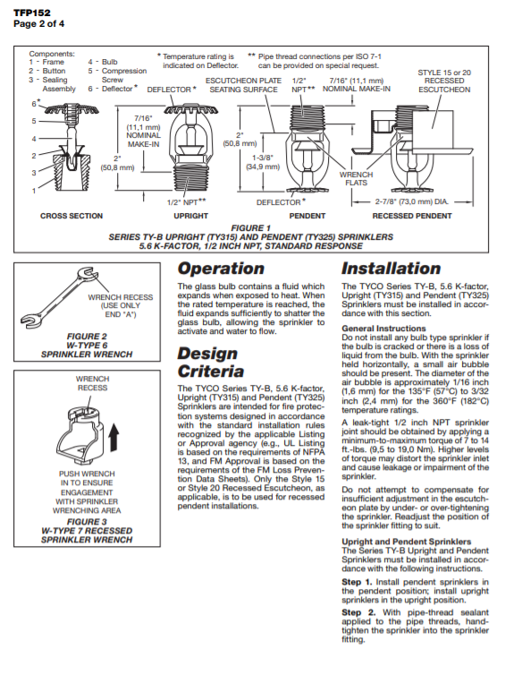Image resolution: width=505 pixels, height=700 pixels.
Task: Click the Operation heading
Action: [x=221, y=269]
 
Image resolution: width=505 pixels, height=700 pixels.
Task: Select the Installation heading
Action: [x=391, y=269]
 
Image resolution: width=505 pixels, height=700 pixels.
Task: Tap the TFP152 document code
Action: [x=31, y=13]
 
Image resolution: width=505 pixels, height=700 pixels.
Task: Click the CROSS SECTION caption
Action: [x=72, y=216]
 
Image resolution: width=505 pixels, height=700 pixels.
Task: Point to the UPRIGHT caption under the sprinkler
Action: [x=190, y=216]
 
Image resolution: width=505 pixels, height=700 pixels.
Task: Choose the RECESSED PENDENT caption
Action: [x=412, y=216]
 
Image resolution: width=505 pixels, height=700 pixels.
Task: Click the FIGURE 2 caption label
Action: [x=87, y=337]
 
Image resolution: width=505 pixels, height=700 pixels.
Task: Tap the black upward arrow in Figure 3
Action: [x=114, y=437]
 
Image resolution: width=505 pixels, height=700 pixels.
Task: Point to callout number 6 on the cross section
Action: [x=34, y=104]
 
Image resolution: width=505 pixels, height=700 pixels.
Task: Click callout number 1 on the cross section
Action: [x=33, y=191]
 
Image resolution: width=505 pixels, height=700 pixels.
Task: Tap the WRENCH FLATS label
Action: [x=356, y=178]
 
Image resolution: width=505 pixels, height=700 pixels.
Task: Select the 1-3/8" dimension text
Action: [x=263, y=158]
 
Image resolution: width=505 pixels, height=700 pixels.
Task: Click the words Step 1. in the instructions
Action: [x=357, y=582]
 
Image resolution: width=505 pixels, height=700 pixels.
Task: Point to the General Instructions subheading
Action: [x=383, y=329]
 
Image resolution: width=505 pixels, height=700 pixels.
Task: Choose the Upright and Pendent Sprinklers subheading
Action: [x=407, y=542]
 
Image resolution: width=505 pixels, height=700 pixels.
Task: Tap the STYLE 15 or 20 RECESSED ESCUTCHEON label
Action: [x=444, y=81]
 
